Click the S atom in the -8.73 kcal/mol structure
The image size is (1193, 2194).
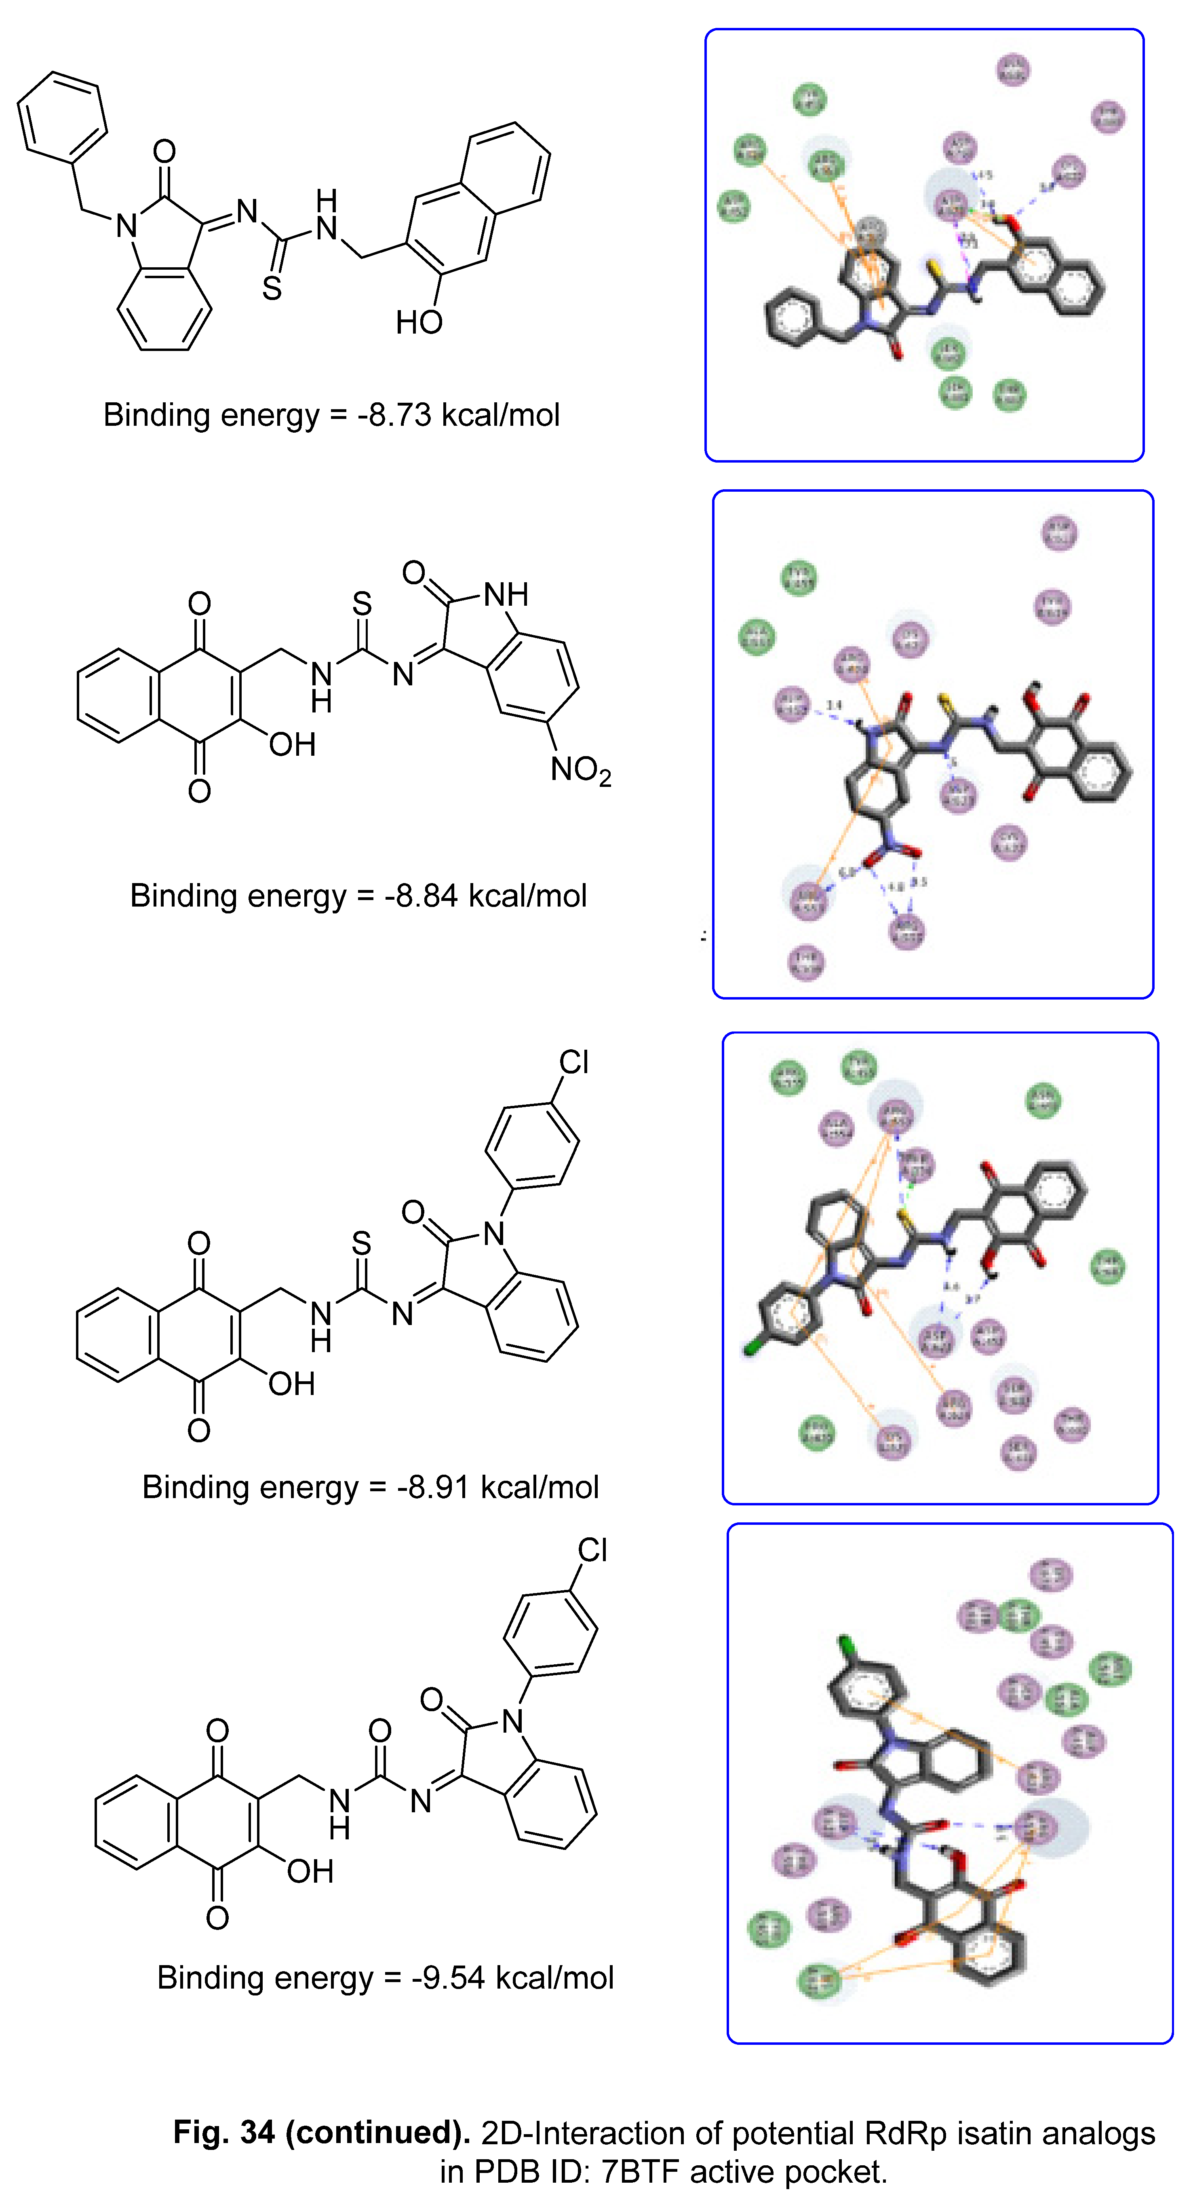tap(272, 288)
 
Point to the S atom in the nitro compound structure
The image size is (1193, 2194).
tap(362, 604)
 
